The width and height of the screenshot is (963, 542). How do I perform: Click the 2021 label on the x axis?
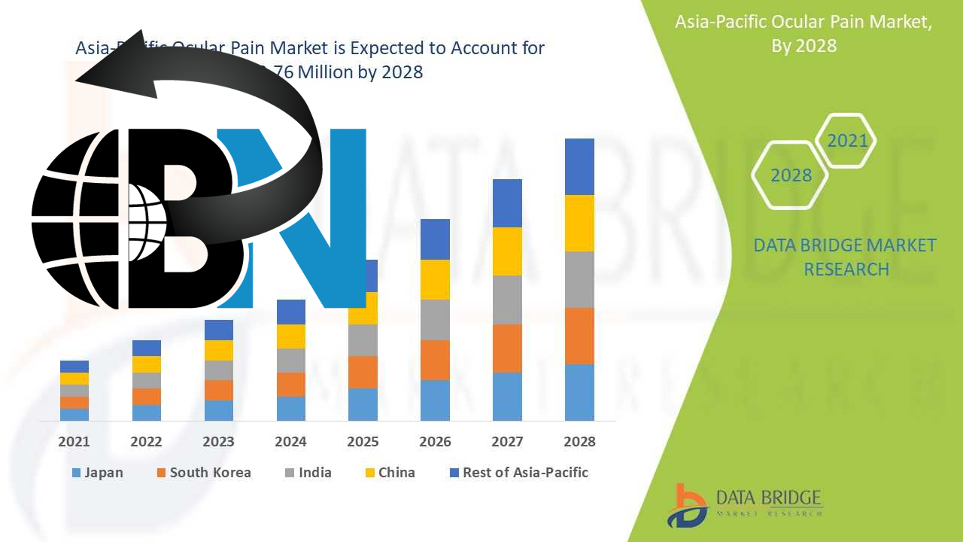click(x=74, y=442)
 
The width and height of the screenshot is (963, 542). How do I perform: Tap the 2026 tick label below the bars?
click(x=435, y=442)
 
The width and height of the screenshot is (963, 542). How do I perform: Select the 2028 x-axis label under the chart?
click(x=579, y=442)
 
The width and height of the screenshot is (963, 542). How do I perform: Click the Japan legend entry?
click(x=97, y=473)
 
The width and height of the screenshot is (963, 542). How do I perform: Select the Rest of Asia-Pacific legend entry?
click(x=518, y=473)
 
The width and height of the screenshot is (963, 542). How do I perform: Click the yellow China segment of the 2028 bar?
click(x=579, y=223)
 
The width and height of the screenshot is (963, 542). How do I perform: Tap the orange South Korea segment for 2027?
click(x=507, y=348)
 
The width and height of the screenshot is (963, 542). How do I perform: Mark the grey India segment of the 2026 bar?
click(x=435, y=320)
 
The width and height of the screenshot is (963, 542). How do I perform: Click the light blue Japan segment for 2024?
click(x=291, y=408)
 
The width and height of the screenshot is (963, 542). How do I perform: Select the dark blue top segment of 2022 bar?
click(x=147, y=348)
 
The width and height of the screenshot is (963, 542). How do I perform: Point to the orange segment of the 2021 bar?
click(x=74, y=403)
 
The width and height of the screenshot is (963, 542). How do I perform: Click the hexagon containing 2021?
click(x=846, y=141)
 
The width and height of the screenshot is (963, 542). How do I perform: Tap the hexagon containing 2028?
click(x=791, y=175)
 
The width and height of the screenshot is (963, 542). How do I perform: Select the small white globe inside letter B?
click(x=147, y=215)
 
